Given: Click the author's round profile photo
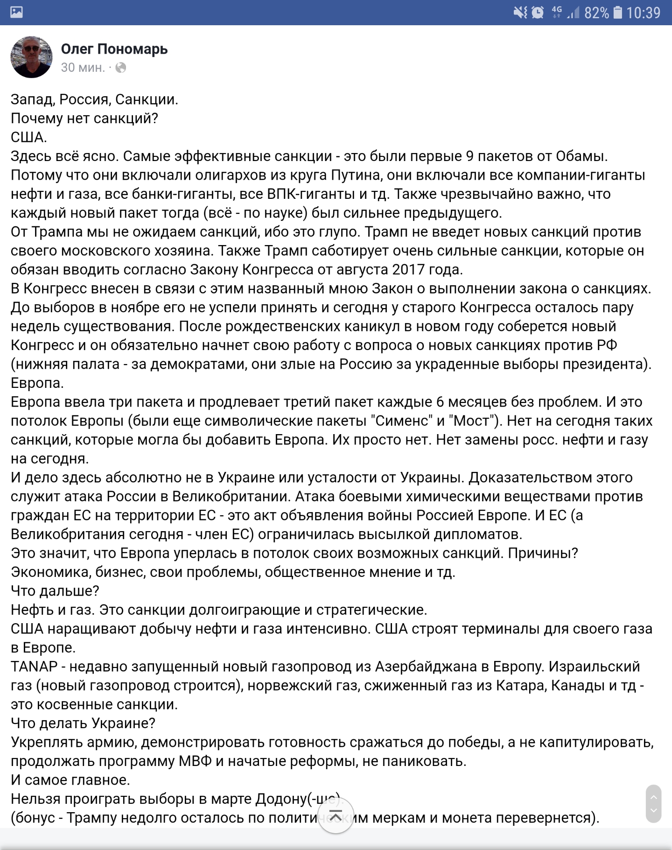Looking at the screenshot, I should (x=32, y=57).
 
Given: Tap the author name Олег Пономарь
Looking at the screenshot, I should (x=114, y=49).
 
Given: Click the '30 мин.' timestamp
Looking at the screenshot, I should (x=83, y=68).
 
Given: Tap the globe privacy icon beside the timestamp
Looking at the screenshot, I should (x=120, y=68).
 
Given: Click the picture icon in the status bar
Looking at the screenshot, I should (x=16, y=12).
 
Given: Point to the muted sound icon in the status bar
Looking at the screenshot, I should (x=520, y=13).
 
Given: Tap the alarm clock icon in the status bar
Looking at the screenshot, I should (x=538, y=13).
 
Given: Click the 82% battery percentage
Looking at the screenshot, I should (x=596, y=13).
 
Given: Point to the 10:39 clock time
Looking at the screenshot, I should (x=643, y=13).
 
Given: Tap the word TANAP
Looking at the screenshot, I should (x=34, y=667).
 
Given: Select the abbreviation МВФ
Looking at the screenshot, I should (x=195, y=761).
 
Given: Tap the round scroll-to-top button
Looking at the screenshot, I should (x=336, y=816).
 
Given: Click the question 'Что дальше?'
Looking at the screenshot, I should (x=55, y=591).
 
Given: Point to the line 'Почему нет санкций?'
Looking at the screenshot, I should (x=84, y=119).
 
